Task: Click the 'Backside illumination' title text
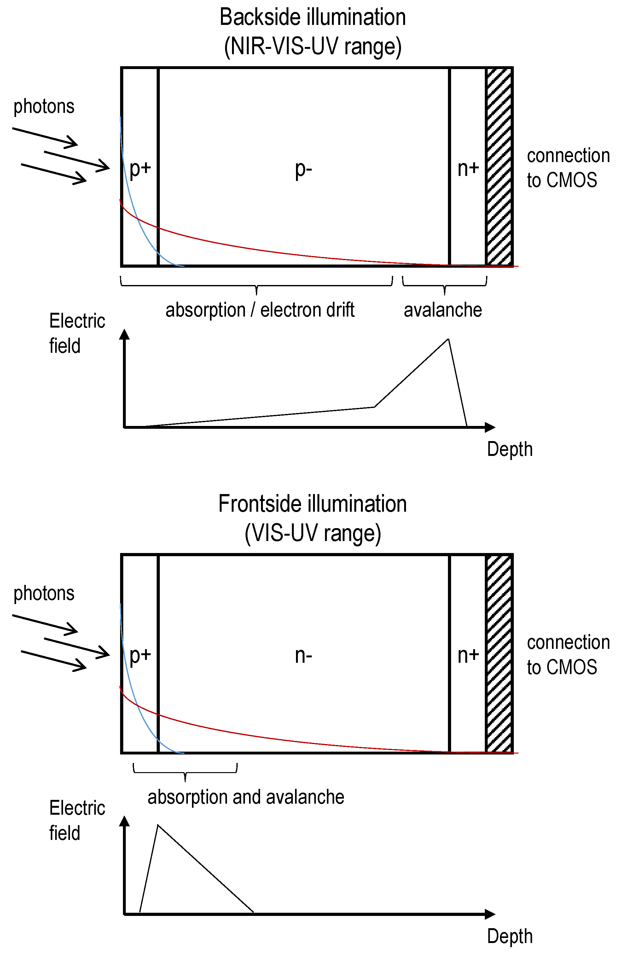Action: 312,18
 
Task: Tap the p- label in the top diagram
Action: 303,169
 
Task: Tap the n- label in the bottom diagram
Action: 303,656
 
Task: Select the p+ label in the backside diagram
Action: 140,169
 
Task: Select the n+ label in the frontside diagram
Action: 468,655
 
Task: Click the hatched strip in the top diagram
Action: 499,167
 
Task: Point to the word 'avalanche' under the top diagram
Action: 443,310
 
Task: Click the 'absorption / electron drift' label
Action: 260,310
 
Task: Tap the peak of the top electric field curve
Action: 448,340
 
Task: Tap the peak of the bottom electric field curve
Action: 158,825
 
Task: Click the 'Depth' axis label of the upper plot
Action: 509,449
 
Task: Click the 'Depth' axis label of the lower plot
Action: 509,936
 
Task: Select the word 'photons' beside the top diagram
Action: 44,106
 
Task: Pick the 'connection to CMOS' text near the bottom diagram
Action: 568,655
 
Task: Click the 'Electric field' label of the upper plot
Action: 77,333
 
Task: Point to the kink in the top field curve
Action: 374,407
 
